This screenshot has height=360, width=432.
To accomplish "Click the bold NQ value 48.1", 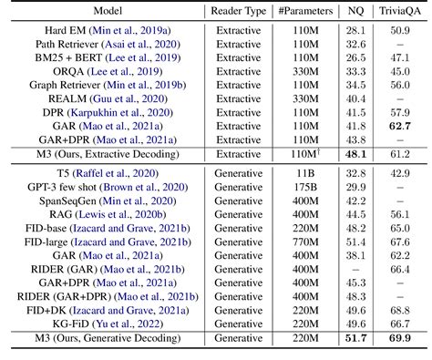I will [355, 156].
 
